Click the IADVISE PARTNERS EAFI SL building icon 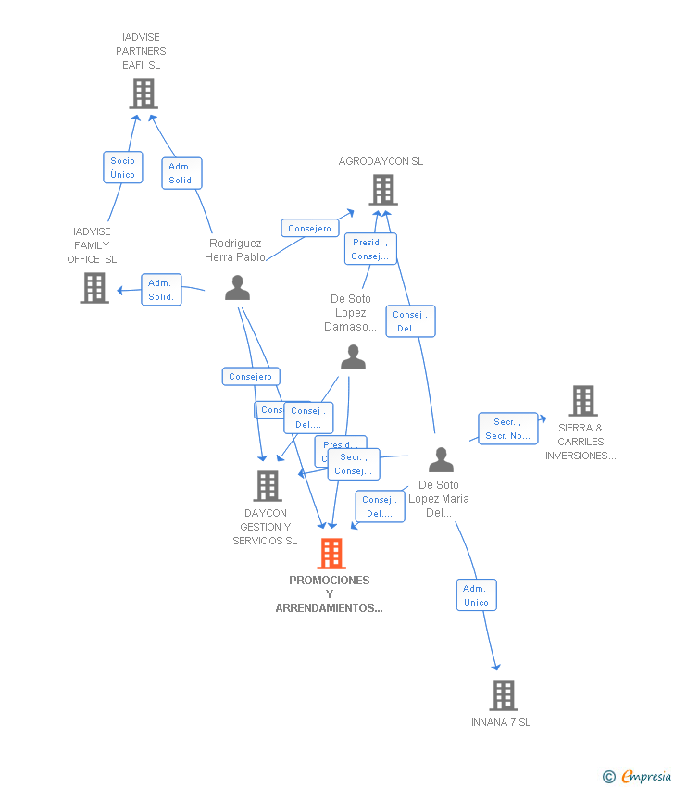(x=143, y=94)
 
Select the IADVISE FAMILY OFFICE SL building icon (x=94, y=287)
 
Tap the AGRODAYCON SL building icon (x=382, y=190)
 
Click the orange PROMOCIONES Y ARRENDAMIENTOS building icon (x=331, y=554)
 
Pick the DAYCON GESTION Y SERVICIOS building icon (x=267, y=485)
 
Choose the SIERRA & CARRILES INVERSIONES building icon (x=582, y=401)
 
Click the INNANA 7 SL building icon (x=503, y=694)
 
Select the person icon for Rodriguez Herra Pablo (x=238, y=288)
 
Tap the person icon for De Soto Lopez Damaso (x=353, y=356)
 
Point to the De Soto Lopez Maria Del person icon (x=441, y=460)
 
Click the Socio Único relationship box (x=122, y=168)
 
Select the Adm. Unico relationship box (x=476, y=595)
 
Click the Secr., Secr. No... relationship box (x=507, y=429)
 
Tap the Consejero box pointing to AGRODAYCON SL (x=309, y=228)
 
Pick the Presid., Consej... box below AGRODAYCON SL (x=370, y=249)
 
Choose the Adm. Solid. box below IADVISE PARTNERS (x=181, y=173)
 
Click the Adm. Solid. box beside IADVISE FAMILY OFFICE (x=161, y=290)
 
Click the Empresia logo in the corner (x=637, y=776)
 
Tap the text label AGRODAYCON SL (x=381, y=161)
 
